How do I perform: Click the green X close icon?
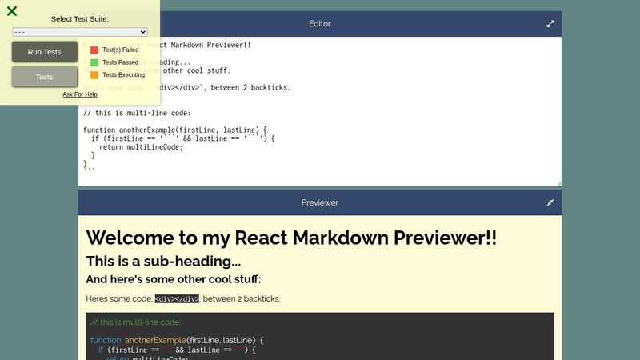12,11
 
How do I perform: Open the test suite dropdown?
80,32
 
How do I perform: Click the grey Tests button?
45,77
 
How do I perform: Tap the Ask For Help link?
80,94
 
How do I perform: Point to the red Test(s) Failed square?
94,50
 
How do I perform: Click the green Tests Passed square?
94,62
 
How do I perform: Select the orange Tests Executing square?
94,75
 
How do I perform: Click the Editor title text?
320,24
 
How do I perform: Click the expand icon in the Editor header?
550,24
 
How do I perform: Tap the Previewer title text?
320,202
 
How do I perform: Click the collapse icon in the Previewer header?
550,202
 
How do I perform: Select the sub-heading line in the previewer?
163,261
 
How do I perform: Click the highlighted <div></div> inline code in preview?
177,299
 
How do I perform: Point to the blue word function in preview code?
106,340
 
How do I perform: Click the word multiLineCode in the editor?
154,146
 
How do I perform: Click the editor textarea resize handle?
558,183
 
